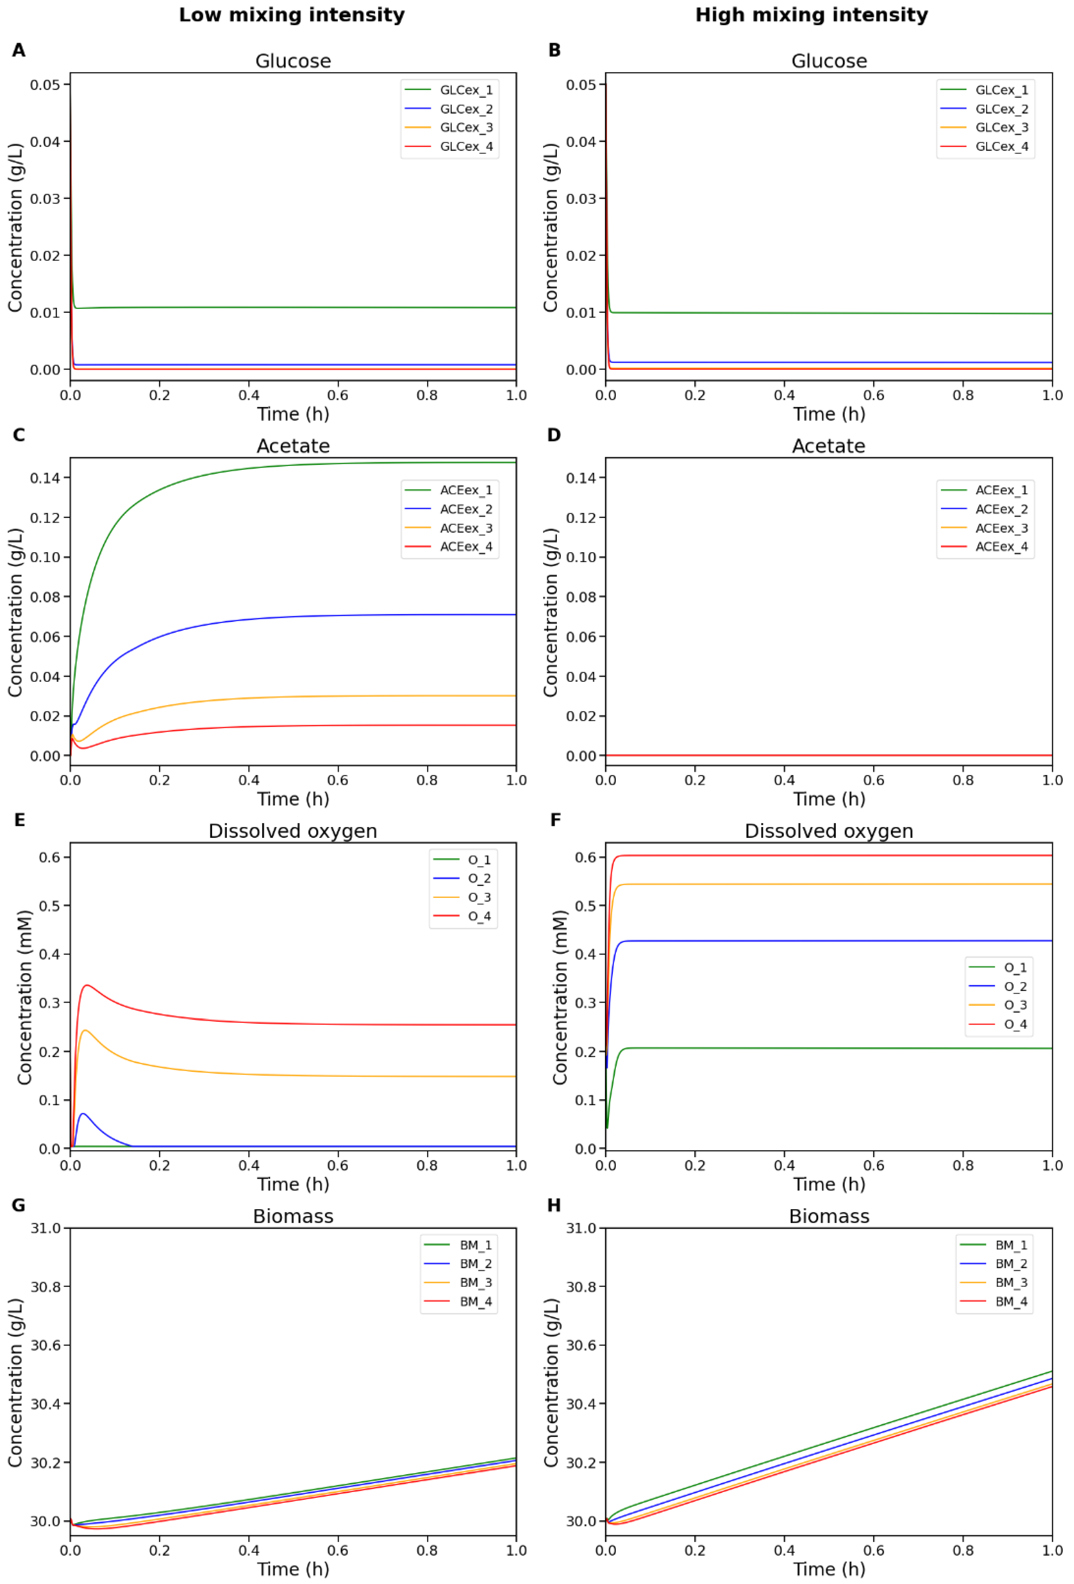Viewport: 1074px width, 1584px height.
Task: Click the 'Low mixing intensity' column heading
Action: (292, 15)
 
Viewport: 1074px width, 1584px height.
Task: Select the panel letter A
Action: (18, 51)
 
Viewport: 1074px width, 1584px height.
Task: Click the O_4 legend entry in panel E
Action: (479, 916)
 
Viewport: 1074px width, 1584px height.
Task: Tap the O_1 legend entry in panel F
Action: (1015, 967)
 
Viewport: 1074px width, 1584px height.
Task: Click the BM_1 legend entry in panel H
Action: (1011, 1245)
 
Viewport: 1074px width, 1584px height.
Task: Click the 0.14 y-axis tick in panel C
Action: (45, 478)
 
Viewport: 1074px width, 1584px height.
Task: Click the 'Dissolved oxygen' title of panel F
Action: (829, 831)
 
